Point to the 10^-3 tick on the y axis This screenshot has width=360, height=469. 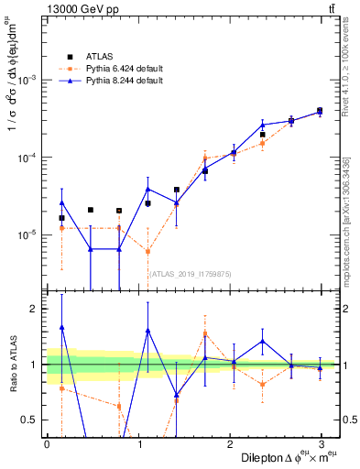28,80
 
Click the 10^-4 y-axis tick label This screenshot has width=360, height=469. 28,158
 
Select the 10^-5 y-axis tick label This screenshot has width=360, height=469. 28,235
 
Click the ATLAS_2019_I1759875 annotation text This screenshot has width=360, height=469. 191,273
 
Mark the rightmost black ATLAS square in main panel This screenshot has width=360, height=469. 320,111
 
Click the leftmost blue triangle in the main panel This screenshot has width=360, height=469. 61,202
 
